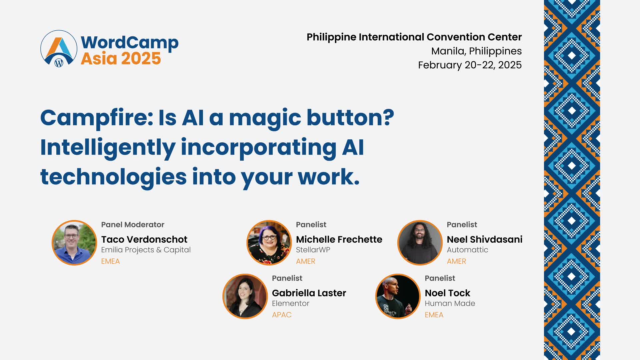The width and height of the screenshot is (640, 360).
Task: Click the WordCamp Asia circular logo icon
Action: (x=59, y=49)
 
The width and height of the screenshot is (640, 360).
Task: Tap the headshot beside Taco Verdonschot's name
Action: (x=74, y=243)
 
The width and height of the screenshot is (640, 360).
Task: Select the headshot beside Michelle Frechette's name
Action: (x=269, y=243)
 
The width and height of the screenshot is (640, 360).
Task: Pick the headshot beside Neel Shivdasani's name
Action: (x=420, y=243)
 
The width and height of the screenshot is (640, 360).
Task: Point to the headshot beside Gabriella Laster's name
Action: (x=245, y=296)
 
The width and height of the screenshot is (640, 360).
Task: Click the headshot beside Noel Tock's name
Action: (x=398, y=296)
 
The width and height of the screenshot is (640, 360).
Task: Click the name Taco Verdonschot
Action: (x=144, y=239)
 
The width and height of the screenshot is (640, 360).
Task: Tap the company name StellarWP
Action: (x=313, y=250)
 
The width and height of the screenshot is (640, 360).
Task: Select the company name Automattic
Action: (x=467, y=250)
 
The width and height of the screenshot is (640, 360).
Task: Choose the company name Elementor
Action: (x=291, y=303)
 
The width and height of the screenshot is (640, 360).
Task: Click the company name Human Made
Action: (x=450, y=303)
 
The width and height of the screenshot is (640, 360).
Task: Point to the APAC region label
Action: (x=282, y=315)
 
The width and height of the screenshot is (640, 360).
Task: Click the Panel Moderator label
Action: (x=133, y=225)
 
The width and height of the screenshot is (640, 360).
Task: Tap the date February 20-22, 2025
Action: (x=470, y=65)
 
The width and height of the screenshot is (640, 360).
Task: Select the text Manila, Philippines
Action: (x=477, y=51)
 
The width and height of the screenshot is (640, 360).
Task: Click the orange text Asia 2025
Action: (x=121, y=58)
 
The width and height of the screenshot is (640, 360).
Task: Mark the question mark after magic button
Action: (x=389, y=117)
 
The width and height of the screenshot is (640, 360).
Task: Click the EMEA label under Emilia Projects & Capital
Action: (x=110, y=261)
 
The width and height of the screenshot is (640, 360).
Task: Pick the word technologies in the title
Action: (x=113, y=177)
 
